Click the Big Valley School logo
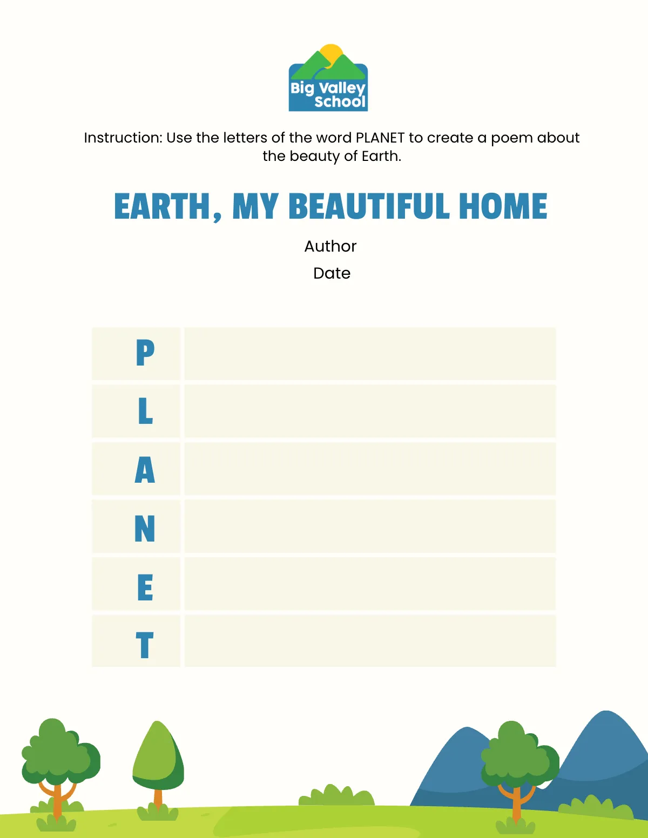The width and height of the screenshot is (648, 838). [x=328, y=79]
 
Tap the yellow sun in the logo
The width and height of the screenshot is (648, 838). [x=331, y=53]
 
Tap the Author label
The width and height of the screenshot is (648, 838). [x=330, y=246]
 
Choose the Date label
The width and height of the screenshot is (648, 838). [x=332, y=273]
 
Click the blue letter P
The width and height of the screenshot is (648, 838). [x=145, y=353]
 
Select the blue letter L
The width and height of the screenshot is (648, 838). [x=145, y=411]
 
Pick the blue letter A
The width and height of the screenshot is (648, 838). [x=145, y=469]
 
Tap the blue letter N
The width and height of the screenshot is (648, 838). [x=145, y=528]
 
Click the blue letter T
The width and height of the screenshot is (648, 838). [x=145, y=645]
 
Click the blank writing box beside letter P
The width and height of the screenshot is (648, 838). [x=370, y=354]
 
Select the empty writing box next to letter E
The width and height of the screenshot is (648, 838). [x=370, y=584]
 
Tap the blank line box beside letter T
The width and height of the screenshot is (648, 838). [x=370, y=641]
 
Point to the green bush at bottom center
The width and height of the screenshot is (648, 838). [x=337, y=795]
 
